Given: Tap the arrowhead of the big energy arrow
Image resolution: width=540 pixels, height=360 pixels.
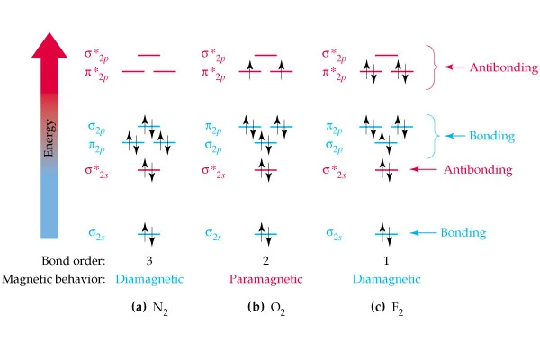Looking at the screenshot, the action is coord(50,43).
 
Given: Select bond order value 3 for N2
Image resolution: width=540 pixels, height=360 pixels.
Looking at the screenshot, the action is coord(148,261).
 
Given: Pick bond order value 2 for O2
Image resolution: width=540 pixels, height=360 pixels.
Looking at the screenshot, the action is coord(265,261).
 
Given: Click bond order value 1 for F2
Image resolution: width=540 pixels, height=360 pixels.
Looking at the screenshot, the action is coord(386,261).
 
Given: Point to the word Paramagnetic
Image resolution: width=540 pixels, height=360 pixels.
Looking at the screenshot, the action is coord(265,278).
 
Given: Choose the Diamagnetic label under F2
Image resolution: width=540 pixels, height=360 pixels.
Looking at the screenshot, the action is coord(386,278).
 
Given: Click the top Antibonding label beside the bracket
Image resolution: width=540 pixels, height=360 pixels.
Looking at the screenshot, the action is coord(494,66).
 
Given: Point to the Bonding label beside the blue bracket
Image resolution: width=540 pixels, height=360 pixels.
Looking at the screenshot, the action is coord(490,136).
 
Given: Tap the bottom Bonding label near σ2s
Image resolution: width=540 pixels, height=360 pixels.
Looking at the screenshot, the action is coord(463,233).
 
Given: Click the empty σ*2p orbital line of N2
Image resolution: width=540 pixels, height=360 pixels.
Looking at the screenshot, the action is coord(148,55).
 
